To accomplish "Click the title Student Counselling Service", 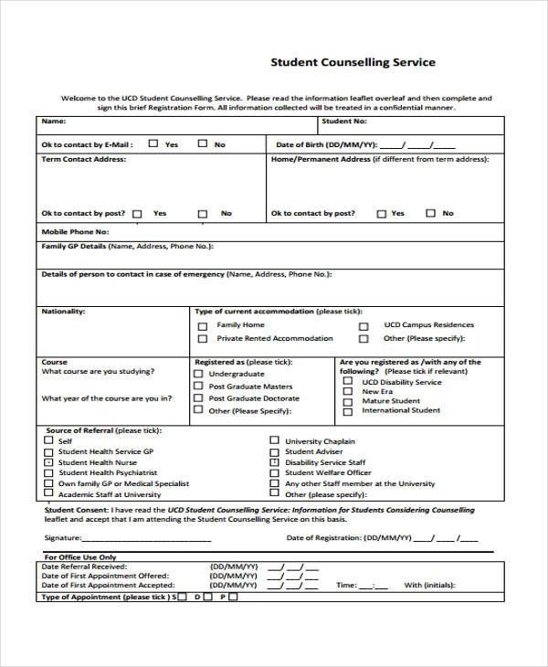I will coord(353,63).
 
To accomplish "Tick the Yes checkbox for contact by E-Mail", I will coord(153,143).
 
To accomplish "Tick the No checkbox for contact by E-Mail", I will coord(204,143).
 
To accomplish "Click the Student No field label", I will coord(344,121).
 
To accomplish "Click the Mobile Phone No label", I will coord(75,232).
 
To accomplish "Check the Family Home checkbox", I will coord(203,325).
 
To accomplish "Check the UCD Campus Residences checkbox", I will coord(364,325).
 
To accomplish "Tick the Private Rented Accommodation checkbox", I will coord(203,339).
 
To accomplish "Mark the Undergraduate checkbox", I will coord(197,374).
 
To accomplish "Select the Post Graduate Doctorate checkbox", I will coord(197,398).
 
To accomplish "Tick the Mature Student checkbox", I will coord(347,401).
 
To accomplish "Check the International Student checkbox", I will coord(347,411).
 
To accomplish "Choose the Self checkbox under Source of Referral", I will coord(48,440).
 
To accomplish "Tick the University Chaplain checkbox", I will coord(274,440).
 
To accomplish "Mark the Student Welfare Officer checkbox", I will coord(274,472).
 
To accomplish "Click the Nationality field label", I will coord(63,312).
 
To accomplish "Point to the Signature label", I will coord(63,538).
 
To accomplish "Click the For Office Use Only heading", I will coord(80,556).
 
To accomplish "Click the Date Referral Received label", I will coord(84,566).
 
